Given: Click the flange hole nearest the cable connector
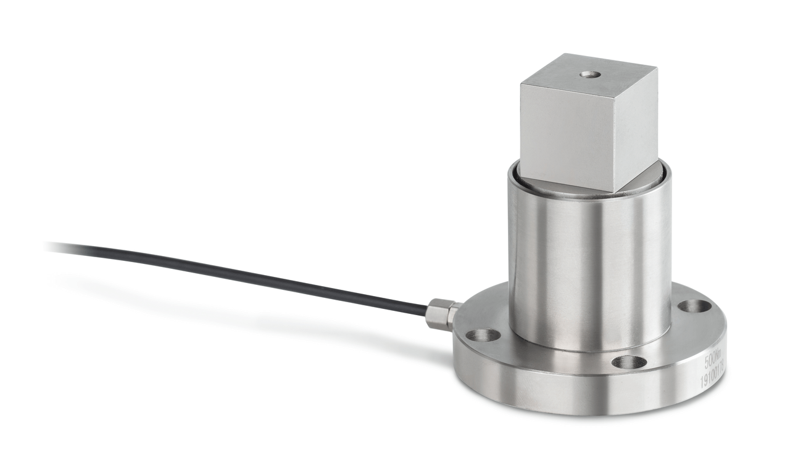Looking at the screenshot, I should click(x=483, y=334).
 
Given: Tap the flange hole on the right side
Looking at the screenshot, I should click(x=694, y=305).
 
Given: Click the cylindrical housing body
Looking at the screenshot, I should click(x=586, y=265).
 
